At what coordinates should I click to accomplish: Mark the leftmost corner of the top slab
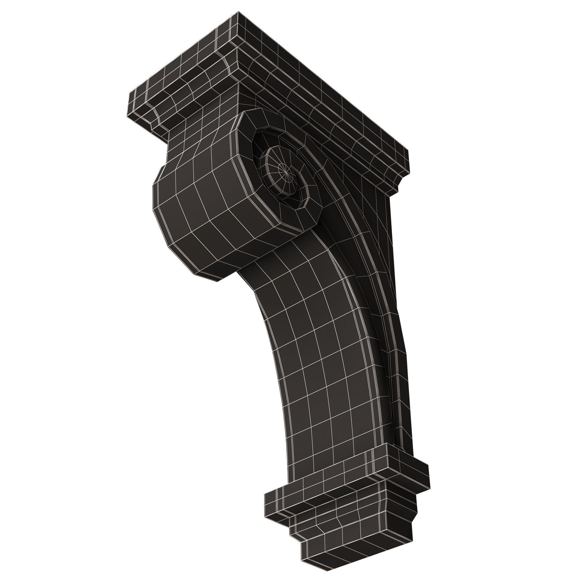coord(129,93)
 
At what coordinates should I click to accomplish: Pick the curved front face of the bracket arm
coord(316,361)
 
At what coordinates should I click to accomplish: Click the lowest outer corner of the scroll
coord(218,281)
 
